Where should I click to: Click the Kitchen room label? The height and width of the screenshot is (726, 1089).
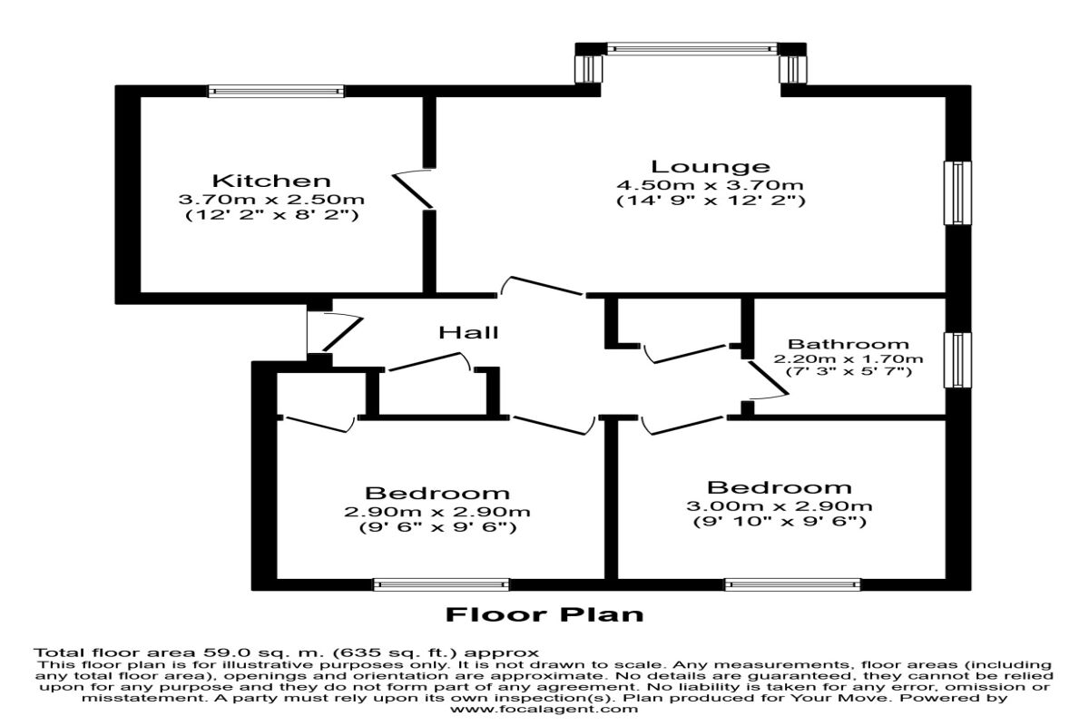point(271,181)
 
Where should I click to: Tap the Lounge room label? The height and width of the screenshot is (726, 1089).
point(711,167)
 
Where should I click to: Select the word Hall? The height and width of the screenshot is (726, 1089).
point(468,333)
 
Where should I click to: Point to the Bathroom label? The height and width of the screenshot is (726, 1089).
point(849,344)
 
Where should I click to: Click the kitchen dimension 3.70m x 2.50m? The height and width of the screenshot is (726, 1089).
point(271,200)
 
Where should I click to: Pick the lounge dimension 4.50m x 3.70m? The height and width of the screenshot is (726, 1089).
point(711,185)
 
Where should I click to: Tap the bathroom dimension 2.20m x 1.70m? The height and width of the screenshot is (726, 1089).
point(849,359)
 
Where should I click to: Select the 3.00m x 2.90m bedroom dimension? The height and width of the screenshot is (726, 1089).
point(780,506)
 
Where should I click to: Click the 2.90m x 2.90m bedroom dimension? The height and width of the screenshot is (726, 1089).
point(437,512)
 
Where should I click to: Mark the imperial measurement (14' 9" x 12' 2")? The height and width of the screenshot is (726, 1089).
point(711,201)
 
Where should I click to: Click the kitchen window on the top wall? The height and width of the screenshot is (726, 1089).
point(276,91)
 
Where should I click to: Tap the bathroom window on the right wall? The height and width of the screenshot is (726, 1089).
point(957,360)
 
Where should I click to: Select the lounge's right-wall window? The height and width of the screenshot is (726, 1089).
point(957,193)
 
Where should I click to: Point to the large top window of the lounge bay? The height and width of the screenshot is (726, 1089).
point(692,49)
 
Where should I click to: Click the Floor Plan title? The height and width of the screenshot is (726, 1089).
point(544,614)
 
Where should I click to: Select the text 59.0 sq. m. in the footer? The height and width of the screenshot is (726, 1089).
point(260,652)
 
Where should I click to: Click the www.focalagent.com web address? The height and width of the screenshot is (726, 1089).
point(544,709)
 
